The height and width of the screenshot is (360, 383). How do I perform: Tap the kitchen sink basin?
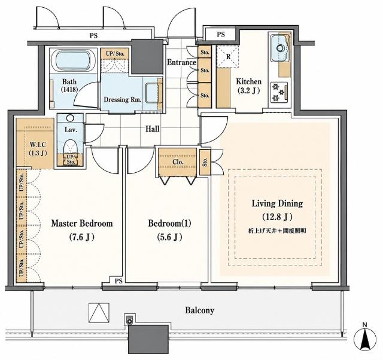point(279,48)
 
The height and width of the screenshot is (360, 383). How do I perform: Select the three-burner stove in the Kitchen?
point(279,93)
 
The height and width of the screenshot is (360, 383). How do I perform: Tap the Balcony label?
point(199,310)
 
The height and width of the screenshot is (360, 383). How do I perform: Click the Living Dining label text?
point(277,203)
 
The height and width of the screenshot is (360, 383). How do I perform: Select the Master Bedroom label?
point(82,223)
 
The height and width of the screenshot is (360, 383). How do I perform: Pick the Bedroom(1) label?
point(169,223)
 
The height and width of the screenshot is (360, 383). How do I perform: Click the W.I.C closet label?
point(38,145)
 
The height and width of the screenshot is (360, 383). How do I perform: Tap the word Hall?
point(153,129)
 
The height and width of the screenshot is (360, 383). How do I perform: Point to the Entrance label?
point(181,62)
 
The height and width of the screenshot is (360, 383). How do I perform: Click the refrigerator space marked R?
point(227,56)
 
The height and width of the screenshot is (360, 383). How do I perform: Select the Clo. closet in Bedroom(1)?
point(178,162)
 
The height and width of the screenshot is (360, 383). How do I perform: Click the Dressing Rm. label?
point(123,99)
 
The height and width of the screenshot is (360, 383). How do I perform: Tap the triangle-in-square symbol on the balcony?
point(99,313)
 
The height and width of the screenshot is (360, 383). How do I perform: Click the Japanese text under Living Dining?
point(277,231)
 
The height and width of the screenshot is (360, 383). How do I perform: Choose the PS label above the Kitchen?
point(221,35)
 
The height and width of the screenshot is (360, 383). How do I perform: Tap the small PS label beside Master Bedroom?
point(118,281)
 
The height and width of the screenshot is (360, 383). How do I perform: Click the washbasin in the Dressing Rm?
point(153,93)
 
